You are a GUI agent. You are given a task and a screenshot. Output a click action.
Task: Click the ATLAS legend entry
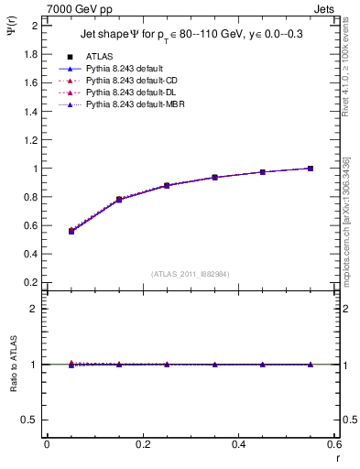click(99, 56)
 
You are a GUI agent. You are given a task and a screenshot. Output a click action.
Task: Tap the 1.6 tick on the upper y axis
click(30, 82)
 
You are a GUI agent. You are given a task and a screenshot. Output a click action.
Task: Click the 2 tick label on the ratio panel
click(34, 309)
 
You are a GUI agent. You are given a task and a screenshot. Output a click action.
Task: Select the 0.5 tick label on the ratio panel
click(30, 420)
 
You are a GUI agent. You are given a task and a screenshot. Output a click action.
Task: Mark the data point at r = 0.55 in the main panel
click(311, 169)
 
